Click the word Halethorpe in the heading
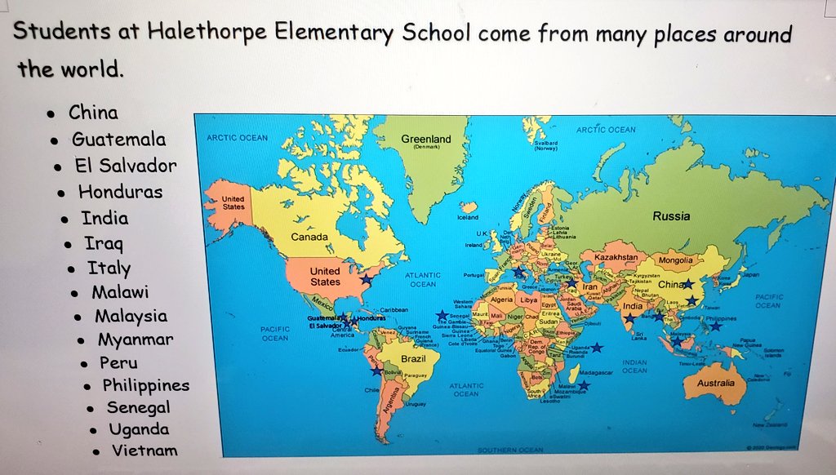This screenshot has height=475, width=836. click(x=189, y=33)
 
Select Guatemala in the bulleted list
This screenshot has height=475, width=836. click(x=118, y=139)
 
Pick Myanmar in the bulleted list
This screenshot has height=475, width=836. click(x=136, y=339)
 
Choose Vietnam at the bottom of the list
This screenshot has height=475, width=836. click(x=145, y=450)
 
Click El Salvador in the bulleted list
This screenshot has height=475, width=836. click(x=126, y=166)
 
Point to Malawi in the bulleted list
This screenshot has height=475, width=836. click(x=120, y=291)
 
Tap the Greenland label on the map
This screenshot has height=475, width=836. click(x=425, y=140)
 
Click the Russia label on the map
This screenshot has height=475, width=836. click(x=671, y=216)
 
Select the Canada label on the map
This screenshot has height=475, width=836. click(x=309, y=237)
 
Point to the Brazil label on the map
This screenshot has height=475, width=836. click(x=414, y=358)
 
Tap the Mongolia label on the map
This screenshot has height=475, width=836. click(x=675, y=260)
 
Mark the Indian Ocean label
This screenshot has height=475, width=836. click(x=634, y=366)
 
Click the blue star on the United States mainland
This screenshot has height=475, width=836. click(x=367, y=279)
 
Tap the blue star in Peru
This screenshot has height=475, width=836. click(x=376, y=371)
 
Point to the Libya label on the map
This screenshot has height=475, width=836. click(x=529, y=300)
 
